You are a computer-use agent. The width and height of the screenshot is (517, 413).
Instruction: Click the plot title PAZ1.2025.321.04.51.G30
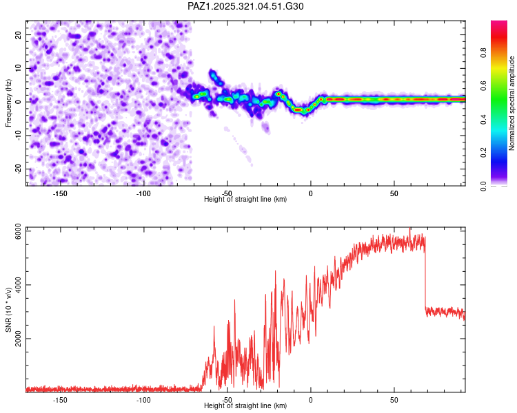(246, 6)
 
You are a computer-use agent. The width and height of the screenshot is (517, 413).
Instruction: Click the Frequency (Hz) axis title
(8, 102)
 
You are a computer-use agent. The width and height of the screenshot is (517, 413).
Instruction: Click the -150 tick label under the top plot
(60, 193)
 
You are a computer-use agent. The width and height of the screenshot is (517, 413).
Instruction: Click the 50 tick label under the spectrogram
(394, 193)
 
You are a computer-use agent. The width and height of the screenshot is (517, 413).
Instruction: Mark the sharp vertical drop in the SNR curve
(425, 275)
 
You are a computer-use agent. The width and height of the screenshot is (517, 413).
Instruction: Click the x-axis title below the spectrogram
(246, 200)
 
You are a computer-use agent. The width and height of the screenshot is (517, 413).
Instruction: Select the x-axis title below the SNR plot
(246, 406)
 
